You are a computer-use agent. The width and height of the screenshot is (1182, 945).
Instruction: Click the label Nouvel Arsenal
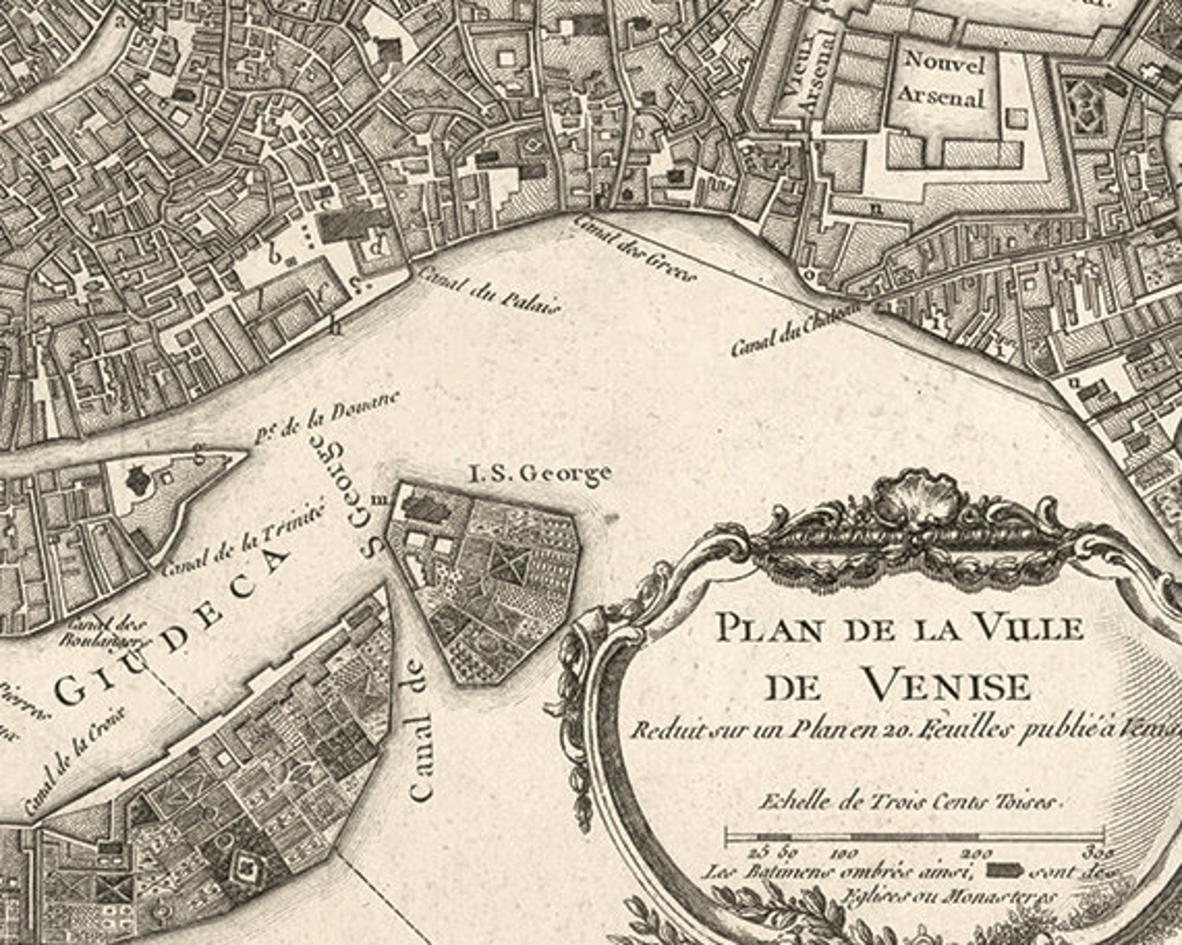[942, 80]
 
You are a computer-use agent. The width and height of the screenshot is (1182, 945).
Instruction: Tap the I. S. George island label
[540, 472]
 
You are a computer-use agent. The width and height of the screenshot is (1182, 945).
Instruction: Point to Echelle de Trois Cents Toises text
[908, 802]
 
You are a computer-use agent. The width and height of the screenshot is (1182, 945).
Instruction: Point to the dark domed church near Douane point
[137, 478]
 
